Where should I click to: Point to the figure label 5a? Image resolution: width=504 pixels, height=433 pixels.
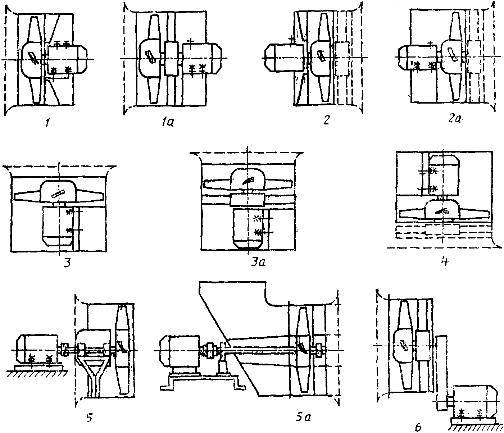click(303, 418)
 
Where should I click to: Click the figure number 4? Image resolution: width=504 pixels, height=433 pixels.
click(445, 261)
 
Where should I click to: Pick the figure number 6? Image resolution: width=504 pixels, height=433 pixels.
click(418, 427)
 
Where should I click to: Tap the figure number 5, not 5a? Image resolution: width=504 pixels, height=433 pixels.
click(90, 418)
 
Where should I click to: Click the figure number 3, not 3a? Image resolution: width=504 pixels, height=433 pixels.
click(67, 263)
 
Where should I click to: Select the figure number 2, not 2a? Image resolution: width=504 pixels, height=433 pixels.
click(326, 120)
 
